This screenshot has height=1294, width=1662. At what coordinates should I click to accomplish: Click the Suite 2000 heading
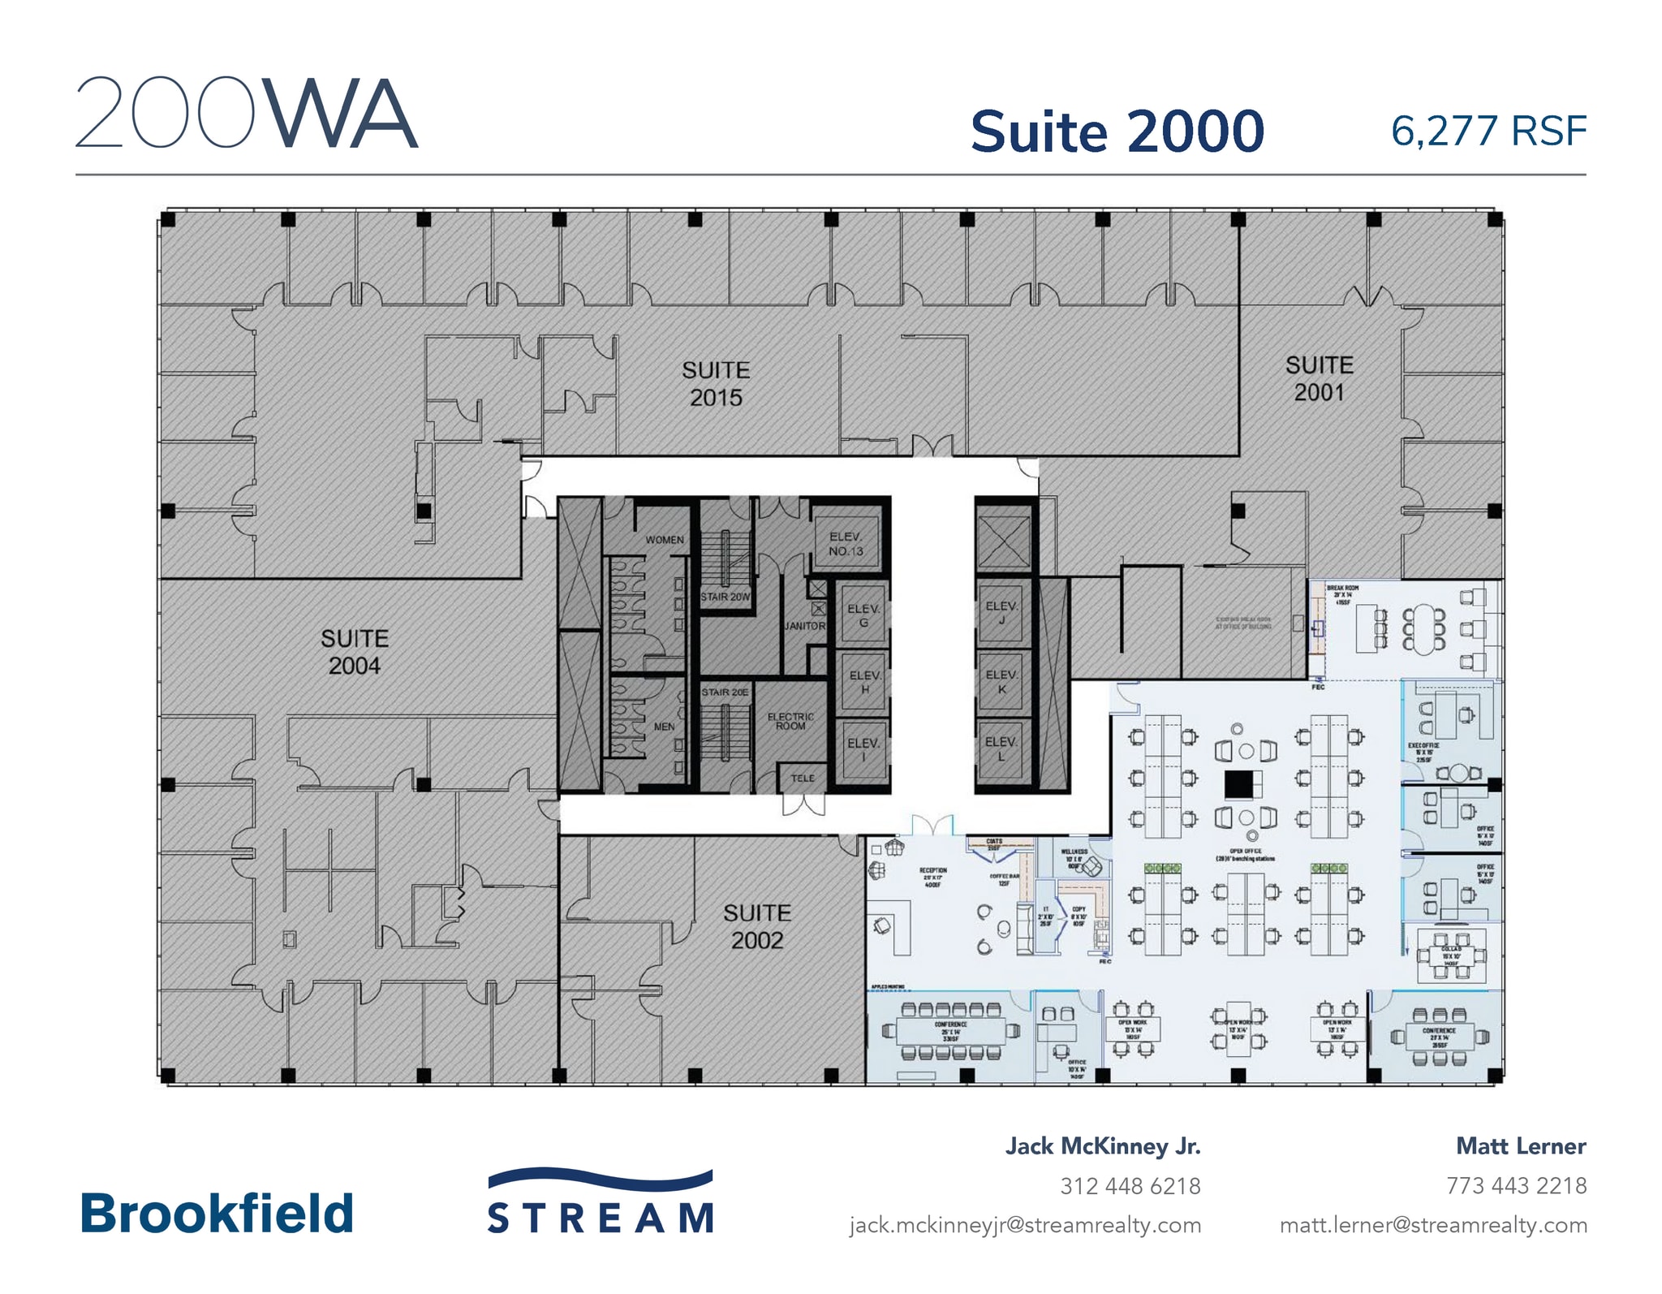pyautogui.click(x=1117, y=132)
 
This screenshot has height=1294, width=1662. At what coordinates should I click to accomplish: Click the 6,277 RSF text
pyautogui.click(x=1488, y=132)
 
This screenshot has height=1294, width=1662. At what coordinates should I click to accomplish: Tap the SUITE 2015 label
pyautogui.click(x=715, y=384)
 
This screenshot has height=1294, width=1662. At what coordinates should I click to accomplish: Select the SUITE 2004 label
pyautogui.click(x=354, y=652)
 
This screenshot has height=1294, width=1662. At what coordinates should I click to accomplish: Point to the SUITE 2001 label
pyautogui.click(x=1319, y=378)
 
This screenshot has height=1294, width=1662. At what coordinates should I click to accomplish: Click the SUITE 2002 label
pyautogui.click(x=756, y=926)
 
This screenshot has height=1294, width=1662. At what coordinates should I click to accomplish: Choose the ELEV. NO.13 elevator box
pyautogui.click(x=846, y=544)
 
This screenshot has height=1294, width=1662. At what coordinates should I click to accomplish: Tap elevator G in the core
pyautogui.click(x=863, y=615)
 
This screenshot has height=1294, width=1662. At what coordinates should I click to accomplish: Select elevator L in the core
pyautogui.click(x=1001, y=748)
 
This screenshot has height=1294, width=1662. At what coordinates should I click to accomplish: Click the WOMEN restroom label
pyautogui.click(x=664, y=540)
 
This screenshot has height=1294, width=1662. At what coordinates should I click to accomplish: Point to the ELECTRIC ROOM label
pyautogui.click(x=790, y=721)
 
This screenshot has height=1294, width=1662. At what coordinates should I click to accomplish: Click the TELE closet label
pyautogui.click(x=803, y=778)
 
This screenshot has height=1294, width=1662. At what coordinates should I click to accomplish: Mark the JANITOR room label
pyautogui.click(x=804, y=626)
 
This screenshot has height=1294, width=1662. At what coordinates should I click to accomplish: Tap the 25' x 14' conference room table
pyautogui.click(x=950, y=1031)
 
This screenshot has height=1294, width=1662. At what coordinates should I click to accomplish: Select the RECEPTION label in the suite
pyautogui.click(x=933, y=873)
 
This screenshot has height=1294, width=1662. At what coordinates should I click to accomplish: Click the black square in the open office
pyautogui.click(x=1238, y=785)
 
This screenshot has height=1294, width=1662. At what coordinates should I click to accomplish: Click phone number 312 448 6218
pyautogui.click(x=1130, y=1186)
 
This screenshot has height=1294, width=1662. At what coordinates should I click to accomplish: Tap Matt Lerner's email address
pyautogui.click(x=1433, y=1224)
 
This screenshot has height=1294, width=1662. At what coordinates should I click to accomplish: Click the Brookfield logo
pyautogui.click(x=217, y=1214)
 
